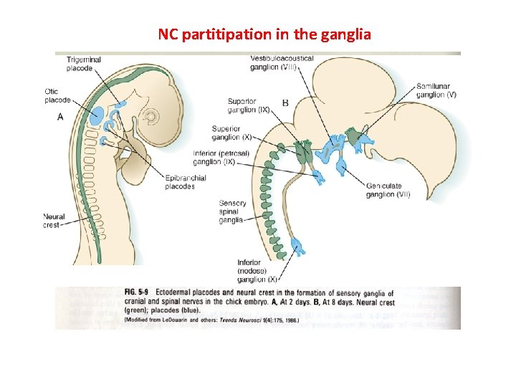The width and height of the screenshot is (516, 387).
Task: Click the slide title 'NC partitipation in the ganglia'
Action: pyautogui.click(x=264, y=34)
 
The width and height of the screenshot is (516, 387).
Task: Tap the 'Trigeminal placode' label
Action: pyautogui.click(x=84, y=64)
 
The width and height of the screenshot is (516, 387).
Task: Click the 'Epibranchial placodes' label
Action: pyautogui.click(x=185, y=182)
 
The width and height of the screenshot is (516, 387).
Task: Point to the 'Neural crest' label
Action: pyautogui.click(x=54, y=220)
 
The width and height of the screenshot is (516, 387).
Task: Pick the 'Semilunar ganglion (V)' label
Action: pyautogui.click(x=436, y=90)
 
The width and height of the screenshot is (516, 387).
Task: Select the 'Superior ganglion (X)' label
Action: pyautogui.click(x=231, y=133)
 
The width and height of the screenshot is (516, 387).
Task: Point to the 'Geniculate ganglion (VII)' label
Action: pyautogui.click(x=389, y=190)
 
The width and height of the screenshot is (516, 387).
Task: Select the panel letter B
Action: pyautogui.click(x=285, y=103)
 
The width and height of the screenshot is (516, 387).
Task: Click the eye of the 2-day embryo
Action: pyautogui.click(x=151, y=115)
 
